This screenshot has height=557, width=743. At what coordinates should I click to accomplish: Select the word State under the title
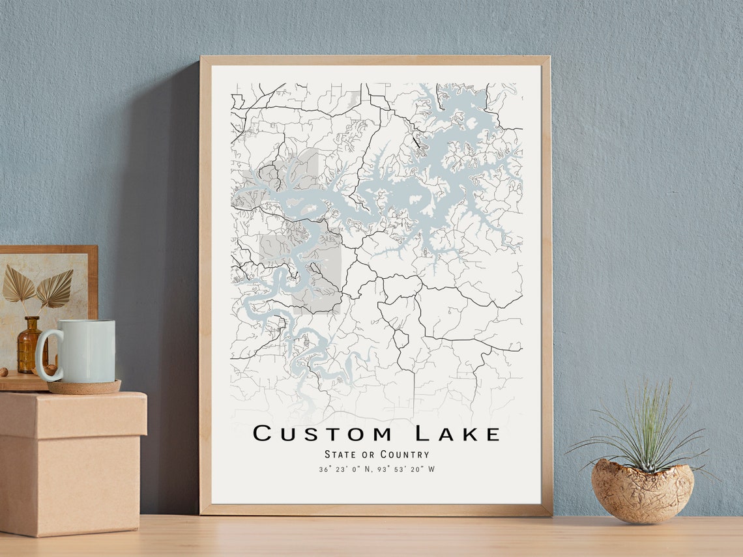340,454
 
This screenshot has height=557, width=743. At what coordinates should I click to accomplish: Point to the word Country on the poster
405,454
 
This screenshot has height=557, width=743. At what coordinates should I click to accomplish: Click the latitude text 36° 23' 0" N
345,469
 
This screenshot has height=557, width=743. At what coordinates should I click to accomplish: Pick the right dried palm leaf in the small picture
55,289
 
